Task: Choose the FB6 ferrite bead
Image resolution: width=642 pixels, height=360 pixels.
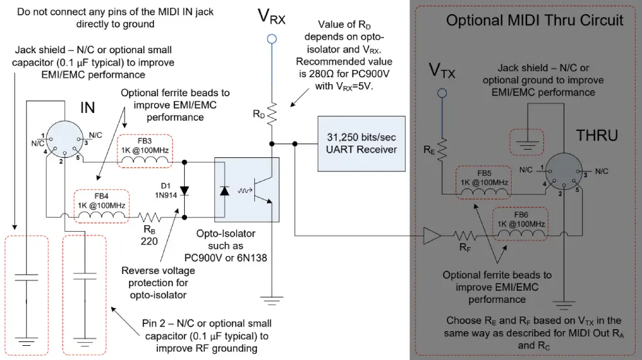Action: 520,225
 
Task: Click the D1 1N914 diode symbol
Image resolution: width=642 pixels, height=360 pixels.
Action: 186,189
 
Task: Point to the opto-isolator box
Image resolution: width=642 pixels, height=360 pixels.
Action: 247,190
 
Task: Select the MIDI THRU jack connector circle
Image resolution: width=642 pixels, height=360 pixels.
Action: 562,173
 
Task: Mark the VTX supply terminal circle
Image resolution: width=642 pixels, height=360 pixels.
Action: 442,94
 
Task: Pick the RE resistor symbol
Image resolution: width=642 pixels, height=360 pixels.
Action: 442,149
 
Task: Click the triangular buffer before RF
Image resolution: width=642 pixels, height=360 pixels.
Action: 431,236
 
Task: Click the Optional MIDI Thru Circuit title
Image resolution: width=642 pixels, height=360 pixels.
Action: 534,20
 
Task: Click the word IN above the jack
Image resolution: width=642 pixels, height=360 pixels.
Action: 87,108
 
